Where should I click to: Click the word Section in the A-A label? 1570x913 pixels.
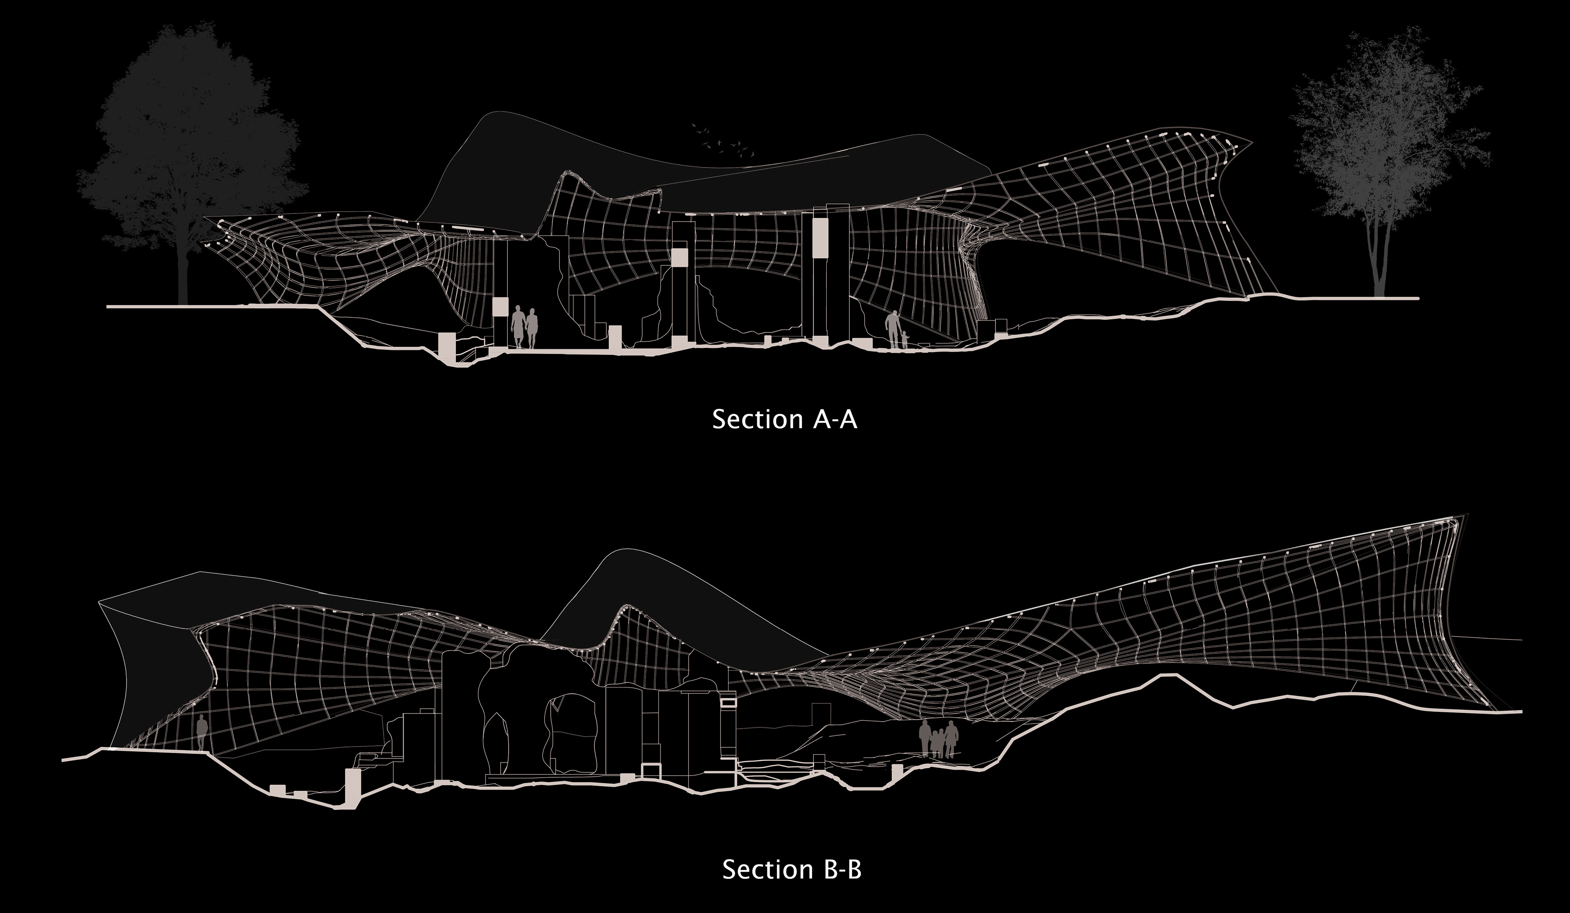758,419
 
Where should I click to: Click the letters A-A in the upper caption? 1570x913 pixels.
835,420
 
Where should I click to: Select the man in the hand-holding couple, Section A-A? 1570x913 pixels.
518,326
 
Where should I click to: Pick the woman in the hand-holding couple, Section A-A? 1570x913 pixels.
532,328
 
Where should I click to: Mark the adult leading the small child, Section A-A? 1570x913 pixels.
893,328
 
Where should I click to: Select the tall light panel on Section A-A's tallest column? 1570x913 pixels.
821,236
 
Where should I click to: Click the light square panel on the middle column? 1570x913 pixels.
679,258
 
